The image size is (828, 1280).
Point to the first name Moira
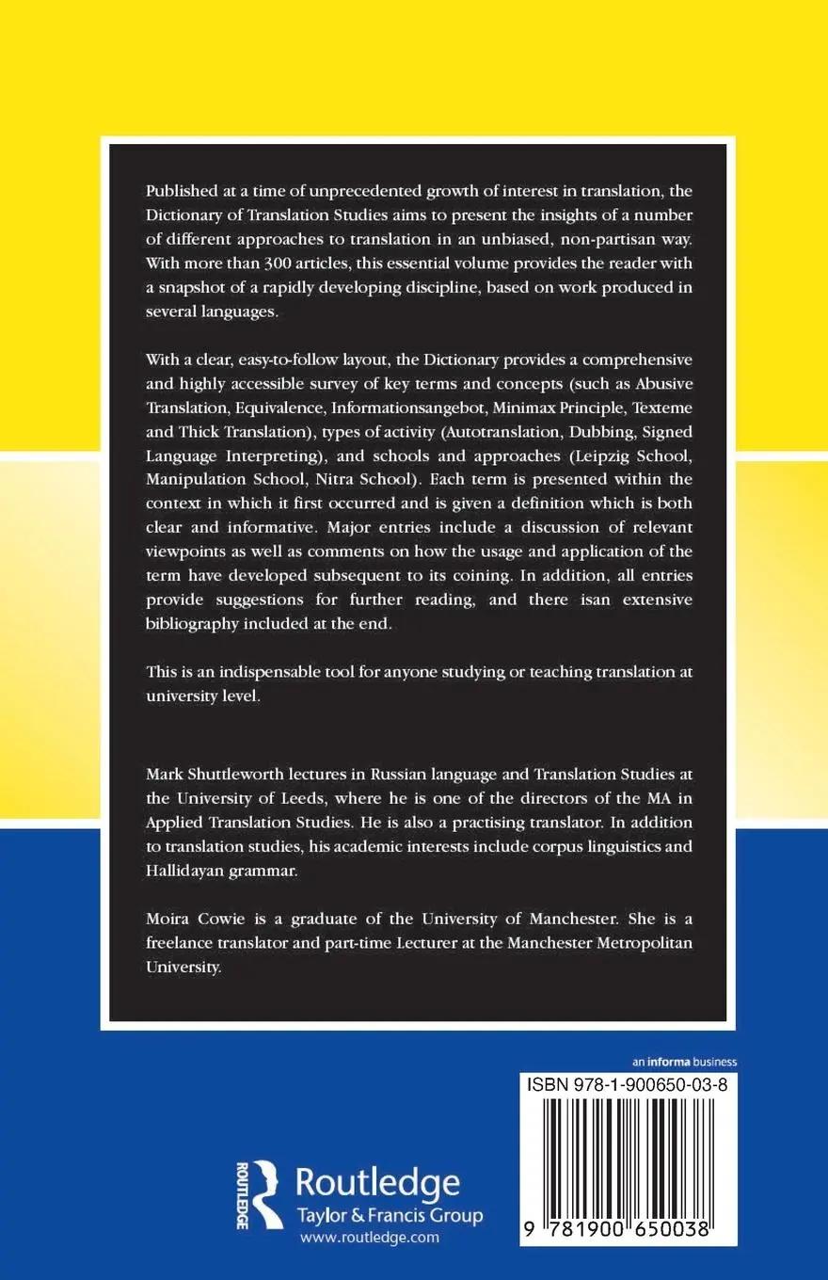(168, 918)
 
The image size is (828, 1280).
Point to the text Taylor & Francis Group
(389, 1215)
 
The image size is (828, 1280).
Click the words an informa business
(677, 1061)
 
